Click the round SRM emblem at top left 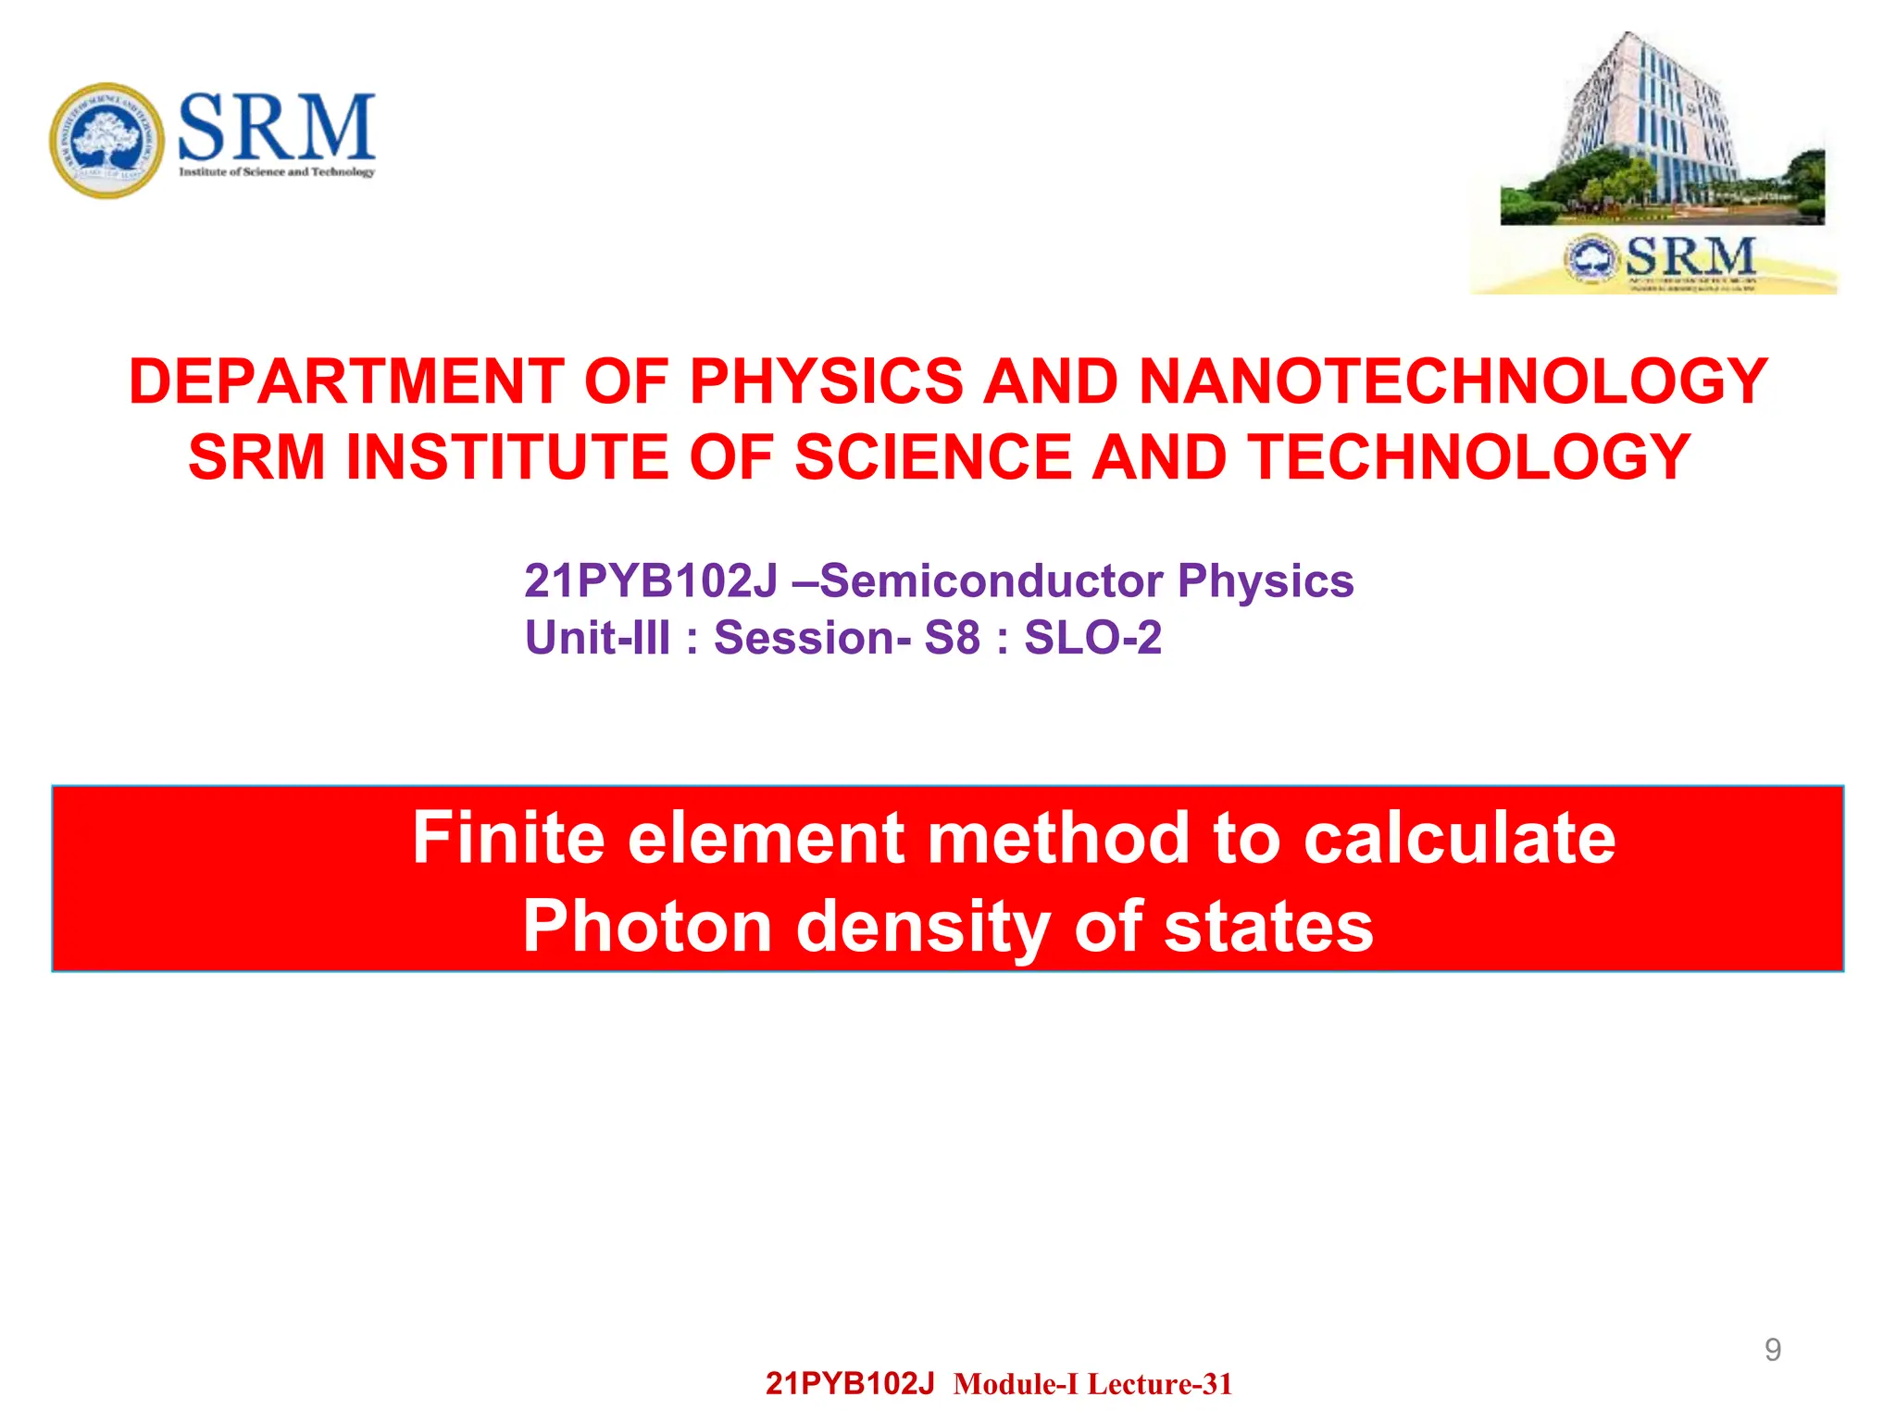pyautogui.click(x=107, y=140)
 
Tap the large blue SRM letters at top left pyautogui.click(x=276, y=128)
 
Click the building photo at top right pyautogui.click(x=1662, y=130)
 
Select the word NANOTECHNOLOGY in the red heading pyautogui.click(x=1453, y=381)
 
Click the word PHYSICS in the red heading pyautogui.click(x=827, y=381)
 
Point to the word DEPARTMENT pyautogui.click(x=346, y=381)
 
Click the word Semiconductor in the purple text pyautogui.click(x=991, y=581)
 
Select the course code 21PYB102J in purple pyautogui.click(x=651, y=581)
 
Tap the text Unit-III pyautogui.click(x=597, y=638)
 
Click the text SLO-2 pyautogui.click(x=1092, y=638)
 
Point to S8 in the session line pyautogui.click(x=952, y=638)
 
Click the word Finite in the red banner pyautogui.click(x=507, y=838)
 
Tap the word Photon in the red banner pyautogui.click(x=647, y=927)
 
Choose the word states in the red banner pyautogui.click(x=1268, y=927)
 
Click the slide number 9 pyautogui.click(x=1772, y=1350)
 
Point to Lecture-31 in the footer pyautogui.click(x=1160, y=1384)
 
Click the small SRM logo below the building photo pyautogui.click(x=1662, y=258)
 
